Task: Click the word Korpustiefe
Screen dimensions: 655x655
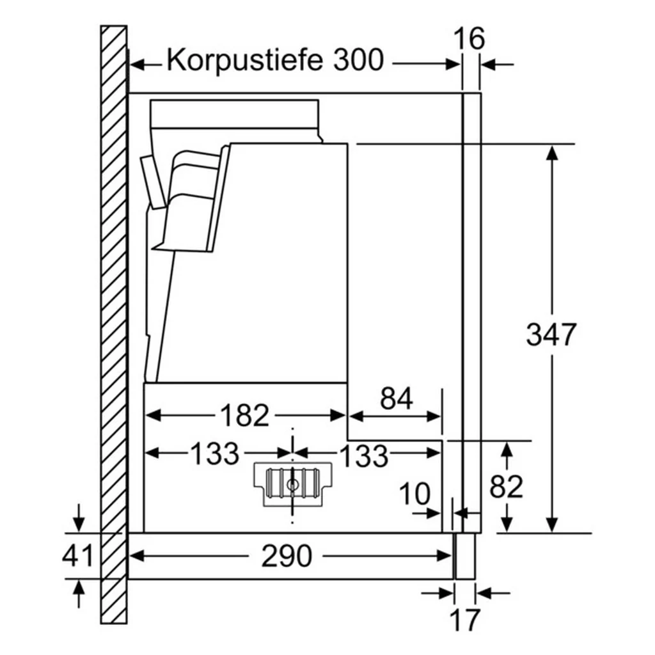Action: pyautogui.click(x=245, y=60)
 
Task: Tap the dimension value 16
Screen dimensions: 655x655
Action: pyautogui.click(x=469, y=38)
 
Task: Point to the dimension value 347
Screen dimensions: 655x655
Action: pyautogui.click(x=551, y=334)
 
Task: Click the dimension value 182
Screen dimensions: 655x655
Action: pyautogui.click(x=245, y=415)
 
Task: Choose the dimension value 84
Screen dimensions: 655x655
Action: pyautogui.click(x=397, y=399)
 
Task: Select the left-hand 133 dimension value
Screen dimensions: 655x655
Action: pyautogui.click(x=215, y=454)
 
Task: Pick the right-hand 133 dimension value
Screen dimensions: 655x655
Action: pyautogui.click(x=364, y=455)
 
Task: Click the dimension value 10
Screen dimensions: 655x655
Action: pyautogui.click(x=414, y=493)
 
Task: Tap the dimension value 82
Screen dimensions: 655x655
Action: pyautogui.click(x=507, y=486)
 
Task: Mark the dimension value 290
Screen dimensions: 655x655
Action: pyautogui.click(x=287, y=556)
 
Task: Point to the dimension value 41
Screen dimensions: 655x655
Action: pyautogui.click(x=77, y=556)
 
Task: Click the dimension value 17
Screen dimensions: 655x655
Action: pyautogui.click(x=465, y=620)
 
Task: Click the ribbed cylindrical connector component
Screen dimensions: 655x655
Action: pyautogui.click(x=293, y=484)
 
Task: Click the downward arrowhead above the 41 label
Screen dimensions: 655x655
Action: pyautogui.click(x=79, y=525)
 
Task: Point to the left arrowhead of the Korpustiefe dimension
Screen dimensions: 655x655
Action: pyautogui.click(x=137, y=65)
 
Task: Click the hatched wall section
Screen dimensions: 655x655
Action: pyautogui.click(x=114, y=324)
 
